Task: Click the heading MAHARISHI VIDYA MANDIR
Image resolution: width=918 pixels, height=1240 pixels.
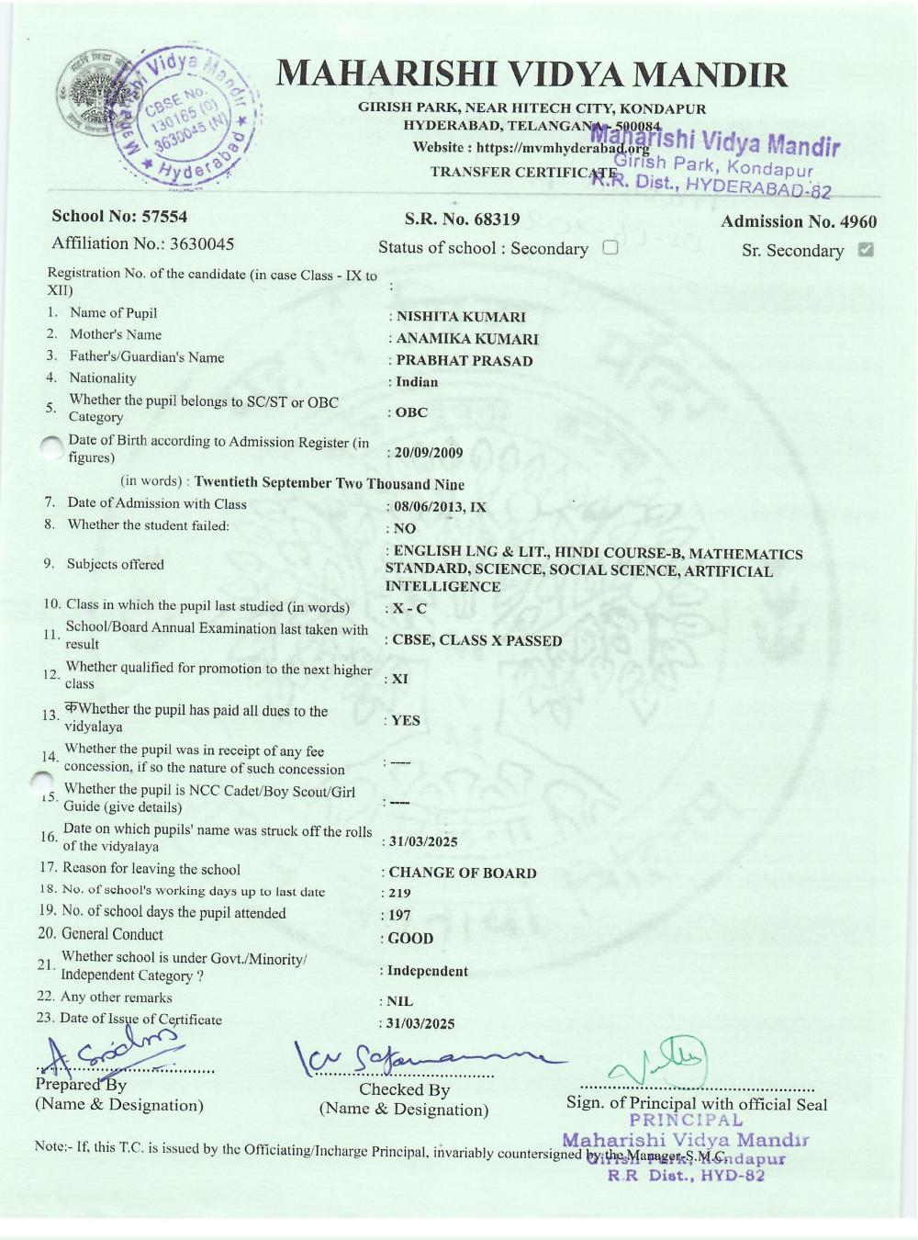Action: coord(532,73)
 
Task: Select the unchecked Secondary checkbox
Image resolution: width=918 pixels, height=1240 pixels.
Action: coord(610,247)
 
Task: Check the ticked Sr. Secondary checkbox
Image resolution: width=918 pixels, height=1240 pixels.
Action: coord(865,249)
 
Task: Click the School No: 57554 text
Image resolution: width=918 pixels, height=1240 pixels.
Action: coord(119,217)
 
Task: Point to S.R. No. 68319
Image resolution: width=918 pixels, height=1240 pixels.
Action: coord(462,219)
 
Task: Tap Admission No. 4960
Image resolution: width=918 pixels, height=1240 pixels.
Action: coord(798,221)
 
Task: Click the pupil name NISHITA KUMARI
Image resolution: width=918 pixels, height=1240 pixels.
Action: coord(461,317)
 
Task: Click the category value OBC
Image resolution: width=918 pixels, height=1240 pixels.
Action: coord(411,412)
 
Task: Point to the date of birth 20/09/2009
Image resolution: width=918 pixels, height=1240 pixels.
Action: coord(429,453)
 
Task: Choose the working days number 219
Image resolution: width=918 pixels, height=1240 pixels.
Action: coord(400,893)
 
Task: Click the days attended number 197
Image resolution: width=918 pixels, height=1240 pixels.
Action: coord(400,915)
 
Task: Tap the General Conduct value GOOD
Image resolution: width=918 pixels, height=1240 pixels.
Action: coord(410,938)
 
